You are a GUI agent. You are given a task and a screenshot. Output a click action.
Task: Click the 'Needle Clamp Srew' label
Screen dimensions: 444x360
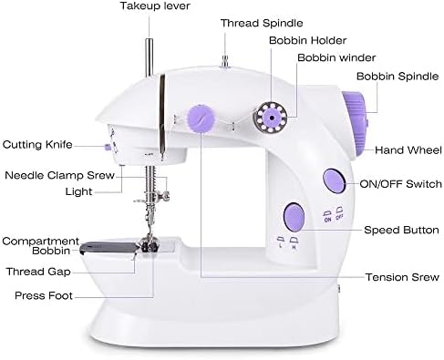point(56,174)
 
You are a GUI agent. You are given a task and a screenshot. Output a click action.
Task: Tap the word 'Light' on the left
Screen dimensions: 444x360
point(77,191)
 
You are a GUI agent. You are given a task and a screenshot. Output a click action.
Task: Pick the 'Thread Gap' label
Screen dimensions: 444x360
point(38,270)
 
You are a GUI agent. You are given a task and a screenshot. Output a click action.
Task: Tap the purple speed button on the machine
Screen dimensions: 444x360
point(292,215)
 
